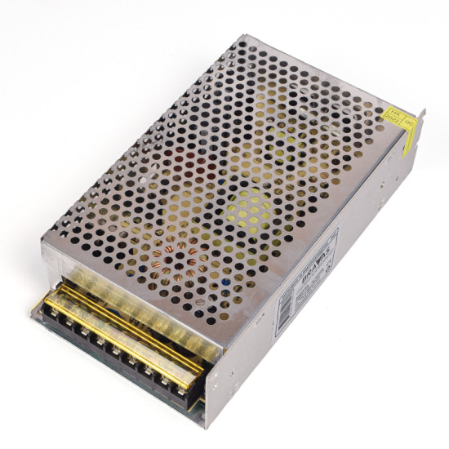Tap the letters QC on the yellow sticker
click(411, 125)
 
